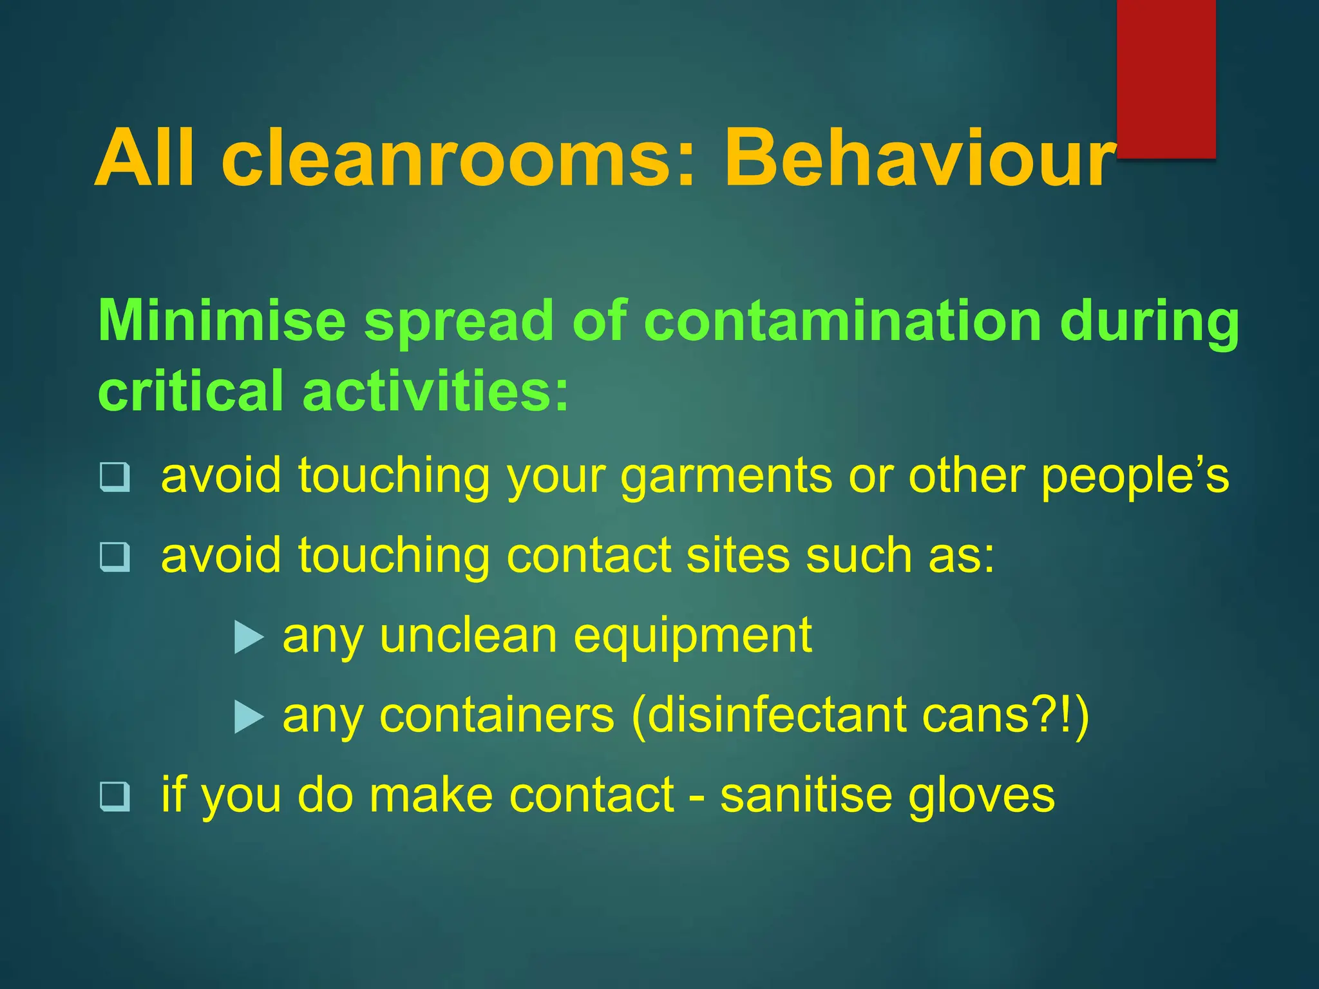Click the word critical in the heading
tap(191, 391)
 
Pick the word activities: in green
tap(436, 391)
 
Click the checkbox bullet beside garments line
tap(115, 477)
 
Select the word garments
tap(726, 477)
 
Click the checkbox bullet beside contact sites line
tap(115, 557)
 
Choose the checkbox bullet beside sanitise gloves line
tap(115, 796)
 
